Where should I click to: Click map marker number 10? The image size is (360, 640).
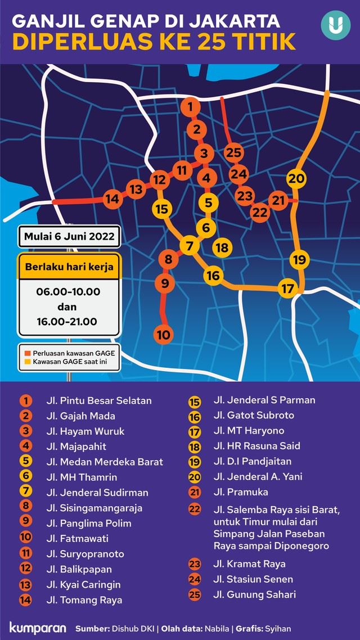[x=163, y=334]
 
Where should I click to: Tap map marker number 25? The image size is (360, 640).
[x=233, y=152]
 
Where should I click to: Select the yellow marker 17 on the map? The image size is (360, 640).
[x=288, y=289]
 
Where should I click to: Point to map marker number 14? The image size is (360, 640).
[x=112, y=199]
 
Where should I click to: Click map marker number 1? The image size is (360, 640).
[x=190, y=106]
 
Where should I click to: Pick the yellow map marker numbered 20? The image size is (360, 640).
[x=296, y=179]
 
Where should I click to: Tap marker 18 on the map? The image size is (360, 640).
[x=222, y=247]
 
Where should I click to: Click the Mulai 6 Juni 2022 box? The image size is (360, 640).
[x=69, y=236]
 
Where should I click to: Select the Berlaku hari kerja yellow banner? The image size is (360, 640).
[x=69, y=267]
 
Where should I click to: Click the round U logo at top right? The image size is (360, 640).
[x=335, y=25]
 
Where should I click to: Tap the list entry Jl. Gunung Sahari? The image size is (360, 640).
[x=254, y=594]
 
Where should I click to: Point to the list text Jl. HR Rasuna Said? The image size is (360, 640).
[x=256, y=446]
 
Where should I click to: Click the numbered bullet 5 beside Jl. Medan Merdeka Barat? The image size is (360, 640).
[x=26, y=462]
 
